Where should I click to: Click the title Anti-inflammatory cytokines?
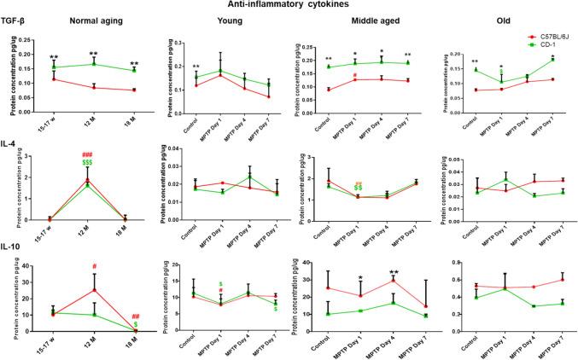(x=289, y=6)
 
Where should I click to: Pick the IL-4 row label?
(x=12, y=142)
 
